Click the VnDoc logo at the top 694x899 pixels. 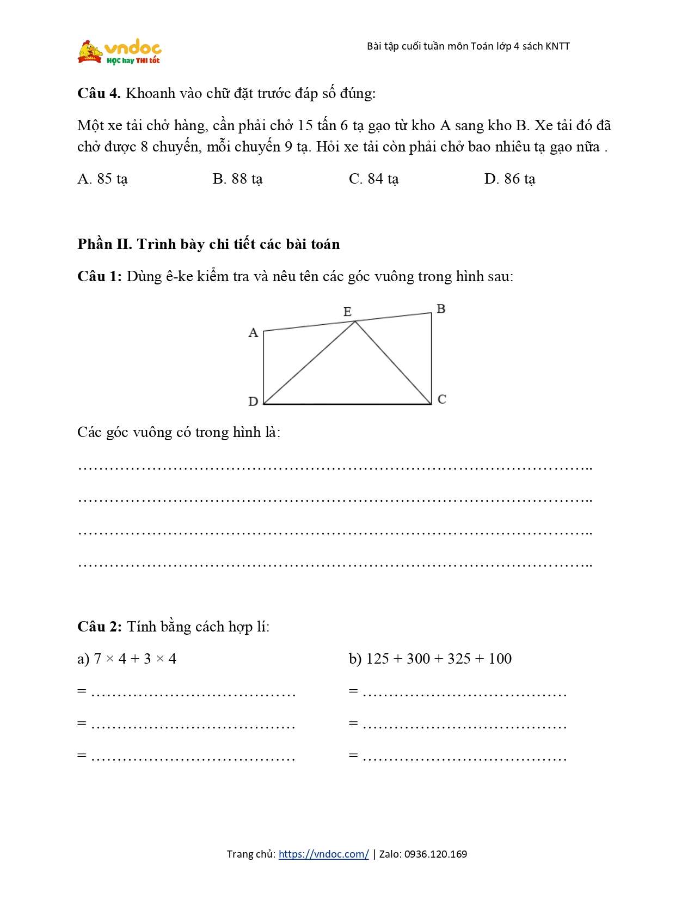click(x=120, y=52)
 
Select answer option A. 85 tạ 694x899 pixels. click(x=102, y=179)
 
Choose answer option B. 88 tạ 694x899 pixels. click(x=237, y=179)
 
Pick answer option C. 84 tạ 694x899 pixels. click(x=373, y=179)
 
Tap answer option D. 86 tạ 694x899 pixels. click(x=509, y=179)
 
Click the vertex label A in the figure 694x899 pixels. click(x=253, y=332)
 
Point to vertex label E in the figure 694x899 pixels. click(x=347, y=312)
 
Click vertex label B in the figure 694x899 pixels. click(x=441, y=309)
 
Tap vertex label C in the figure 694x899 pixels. click(x=441, y=399)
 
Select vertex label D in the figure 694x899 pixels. click(x=253, y=402)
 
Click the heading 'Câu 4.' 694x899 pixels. click(x=99, y=93)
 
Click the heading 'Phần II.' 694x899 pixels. click(x=105, y=244)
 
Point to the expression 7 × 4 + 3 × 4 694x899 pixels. click(x=135, y=659)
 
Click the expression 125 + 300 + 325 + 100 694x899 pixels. click(x=439, y=659)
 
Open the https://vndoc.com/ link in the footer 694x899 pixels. click(x=323, y=854)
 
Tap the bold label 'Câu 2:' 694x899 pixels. click(x=100, y=627)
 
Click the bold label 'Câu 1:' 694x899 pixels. click(x=100, y=276)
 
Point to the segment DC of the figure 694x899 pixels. click(x=347, y=404)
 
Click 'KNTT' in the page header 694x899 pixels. click(x=557, y=46)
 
